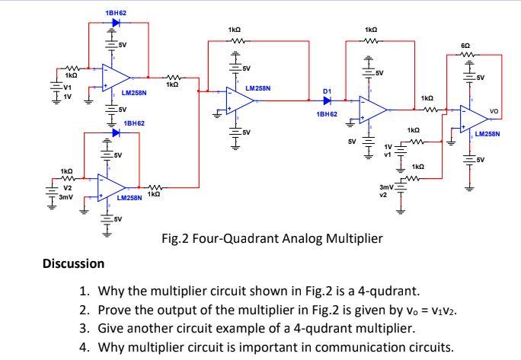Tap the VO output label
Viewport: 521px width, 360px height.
[x=494, y=110]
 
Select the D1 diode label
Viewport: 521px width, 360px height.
[x=327, y=91]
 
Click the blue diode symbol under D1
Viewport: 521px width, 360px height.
[x=328, y=100]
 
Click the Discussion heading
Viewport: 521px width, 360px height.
[x=74, y=263]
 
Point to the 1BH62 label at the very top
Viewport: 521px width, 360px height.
[x=116, y=13]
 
